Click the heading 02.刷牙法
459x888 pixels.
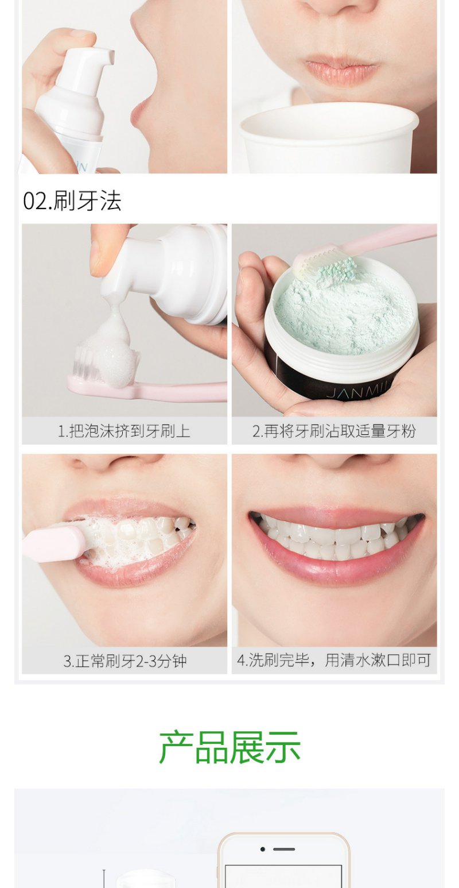pyautogui.click(x=72, y=201)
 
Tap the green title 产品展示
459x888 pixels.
pyautogui.click(x=229, y=747)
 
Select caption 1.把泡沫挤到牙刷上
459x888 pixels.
pyautogui.click(x=124, y=431)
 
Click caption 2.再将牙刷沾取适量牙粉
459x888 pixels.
pyautogui.click(x=334, y=431)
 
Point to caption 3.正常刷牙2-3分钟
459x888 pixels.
pyautogui.click(x=125, y=661)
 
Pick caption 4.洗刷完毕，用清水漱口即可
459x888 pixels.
pyautogui.click(x=334, y=660)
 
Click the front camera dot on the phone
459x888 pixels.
pyautogui.click(x=262, y=849)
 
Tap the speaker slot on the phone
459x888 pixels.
pyautogui.click(x=283, y=849)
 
